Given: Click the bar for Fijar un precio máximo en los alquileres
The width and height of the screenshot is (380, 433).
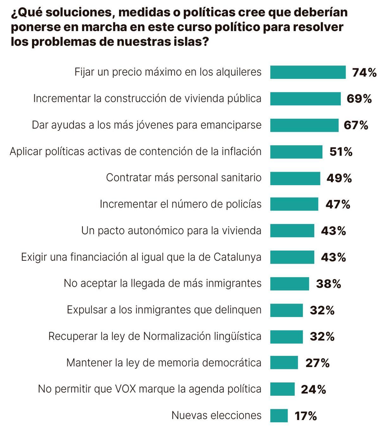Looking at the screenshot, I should pos(307,72).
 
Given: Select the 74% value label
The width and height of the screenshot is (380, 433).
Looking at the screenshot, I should pos(364,73).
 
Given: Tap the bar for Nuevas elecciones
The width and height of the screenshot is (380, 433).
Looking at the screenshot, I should pos(279,416).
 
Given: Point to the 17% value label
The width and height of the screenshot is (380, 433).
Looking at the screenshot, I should pos(306,416).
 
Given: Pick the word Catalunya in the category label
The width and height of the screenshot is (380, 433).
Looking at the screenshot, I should pos(237,257).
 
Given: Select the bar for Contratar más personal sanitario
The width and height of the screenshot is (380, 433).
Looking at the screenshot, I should pos(295,178).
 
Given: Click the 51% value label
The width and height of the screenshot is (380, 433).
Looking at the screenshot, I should pos(341,152).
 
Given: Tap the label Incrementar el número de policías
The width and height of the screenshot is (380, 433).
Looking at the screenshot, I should pos(180,204).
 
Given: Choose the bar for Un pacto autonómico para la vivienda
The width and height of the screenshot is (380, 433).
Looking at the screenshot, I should pos(292,231).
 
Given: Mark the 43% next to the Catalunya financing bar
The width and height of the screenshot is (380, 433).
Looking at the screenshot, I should pos(333,257).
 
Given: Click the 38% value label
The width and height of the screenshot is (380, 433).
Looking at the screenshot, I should pos(328,284).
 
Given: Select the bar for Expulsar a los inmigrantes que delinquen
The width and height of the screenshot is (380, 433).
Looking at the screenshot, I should pos(286,310).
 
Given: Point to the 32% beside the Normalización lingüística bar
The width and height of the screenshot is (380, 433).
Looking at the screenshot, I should pos(322,336).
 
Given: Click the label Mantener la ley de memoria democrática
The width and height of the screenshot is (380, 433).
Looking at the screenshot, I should pos(164,363).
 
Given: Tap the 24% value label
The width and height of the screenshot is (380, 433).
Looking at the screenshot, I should pos(313,389).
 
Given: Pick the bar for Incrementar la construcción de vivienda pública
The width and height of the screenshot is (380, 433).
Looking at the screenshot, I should pos(305,99).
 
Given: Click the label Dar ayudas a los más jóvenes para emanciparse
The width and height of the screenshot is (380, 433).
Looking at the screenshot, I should pos(147,125).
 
